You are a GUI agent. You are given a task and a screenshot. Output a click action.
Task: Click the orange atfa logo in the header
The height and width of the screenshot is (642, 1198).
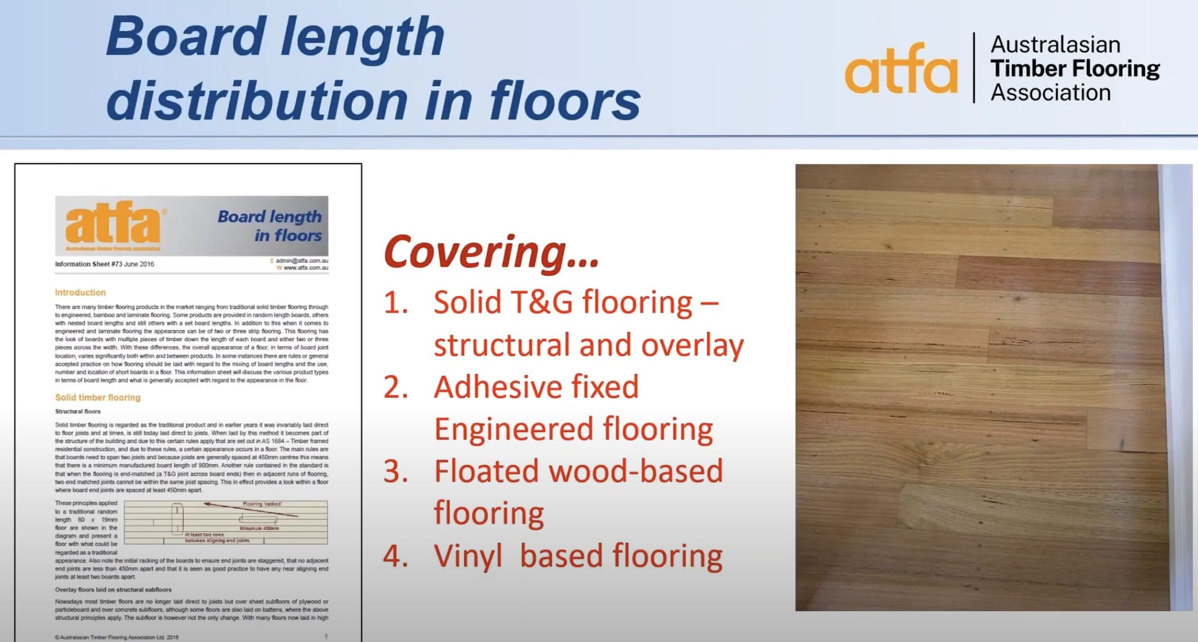click(x=900, y=69)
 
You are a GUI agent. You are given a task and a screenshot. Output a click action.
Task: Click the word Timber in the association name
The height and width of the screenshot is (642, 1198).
click(x=1025, y=69)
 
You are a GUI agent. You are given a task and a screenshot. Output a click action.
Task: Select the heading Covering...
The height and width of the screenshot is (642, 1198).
click(x=491, y=252)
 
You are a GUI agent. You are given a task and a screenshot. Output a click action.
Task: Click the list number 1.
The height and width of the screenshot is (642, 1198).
click(x=396, y=303)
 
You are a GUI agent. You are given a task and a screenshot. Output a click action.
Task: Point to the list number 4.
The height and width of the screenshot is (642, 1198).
click(x=396, y=556)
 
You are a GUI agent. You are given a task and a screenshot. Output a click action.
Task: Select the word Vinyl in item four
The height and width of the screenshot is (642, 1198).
click(x=468, y=556)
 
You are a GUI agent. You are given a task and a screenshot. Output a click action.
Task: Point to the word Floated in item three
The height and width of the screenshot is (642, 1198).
click(x=486, y=471)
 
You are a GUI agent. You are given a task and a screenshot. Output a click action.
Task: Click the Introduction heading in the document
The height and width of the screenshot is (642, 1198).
click(x=80, y=292)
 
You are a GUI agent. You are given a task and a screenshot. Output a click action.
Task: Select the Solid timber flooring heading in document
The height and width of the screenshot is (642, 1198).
click(x=97, y=397)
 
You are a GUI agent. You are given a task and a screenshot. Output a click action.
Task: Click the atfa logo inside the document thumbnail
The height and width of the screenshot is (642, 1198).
click(x=113, y=223)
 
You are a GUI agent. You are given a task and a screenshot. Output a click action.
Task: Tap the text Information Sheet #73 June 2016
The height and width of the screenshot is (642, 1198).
click(x=105, y=264)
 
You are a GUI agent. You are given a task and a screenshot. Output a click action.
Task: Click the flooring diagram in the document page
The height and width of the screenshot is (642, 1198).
click(x=226, y=523)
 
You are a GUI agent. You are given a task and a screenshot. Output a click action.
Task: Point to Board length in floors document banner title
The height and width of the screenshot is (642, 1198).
click(x=270, y=225)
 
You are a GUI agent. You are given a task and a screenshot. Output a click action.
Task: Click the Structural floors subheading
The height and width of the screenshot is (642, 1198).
click(x=78, y=411)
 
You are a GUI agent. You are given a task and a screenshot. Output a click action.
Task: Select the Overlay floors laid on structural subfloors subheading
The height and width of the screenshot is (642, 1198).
click(x=113, y=590)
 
